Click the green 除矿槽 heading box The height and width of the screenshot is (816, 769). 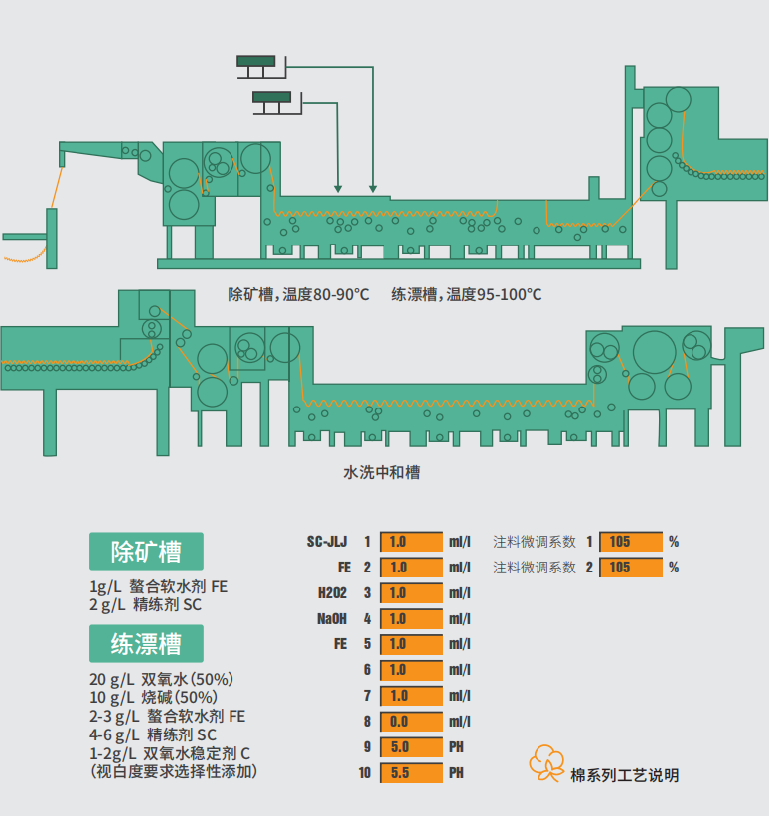click(146, 551)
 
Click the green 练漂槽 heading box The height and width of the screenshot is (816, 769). click(146, 643)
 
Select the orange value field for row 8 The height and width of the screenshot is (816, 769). click(410, 722)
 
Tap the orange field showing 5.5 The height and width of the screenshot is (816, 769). click(410, 773)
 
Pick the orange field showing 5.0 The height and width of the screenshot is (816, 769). click(410, 747)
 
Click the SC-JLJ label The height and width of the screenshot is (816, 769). click(328, 542)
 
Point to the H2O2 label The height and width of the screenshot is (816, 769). click(332, 593)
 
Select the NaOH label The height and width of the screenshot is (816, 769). click(332, 619)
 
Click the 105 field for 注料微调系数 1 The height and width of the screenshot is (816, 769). click(630, 542)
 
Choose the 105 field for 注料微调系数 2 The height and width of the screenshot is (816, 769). click(630, 568)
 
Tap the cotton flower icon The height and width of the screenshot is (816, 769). click(547, 761)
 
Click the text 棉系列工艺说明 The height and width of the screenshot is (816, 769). click(625, 775)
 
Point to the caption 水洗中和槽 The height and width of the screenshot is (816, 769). click(382, 472)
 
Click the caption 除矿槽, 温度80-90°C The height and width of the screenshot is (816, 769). click(298, 294)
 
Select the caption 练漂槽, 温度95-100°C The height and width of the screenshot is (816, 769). click(467, 294)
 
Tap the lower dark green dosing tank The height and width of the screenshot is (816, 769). click(272, 97)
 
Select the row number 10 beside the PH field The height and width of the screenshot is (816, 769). click(365, 773)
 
